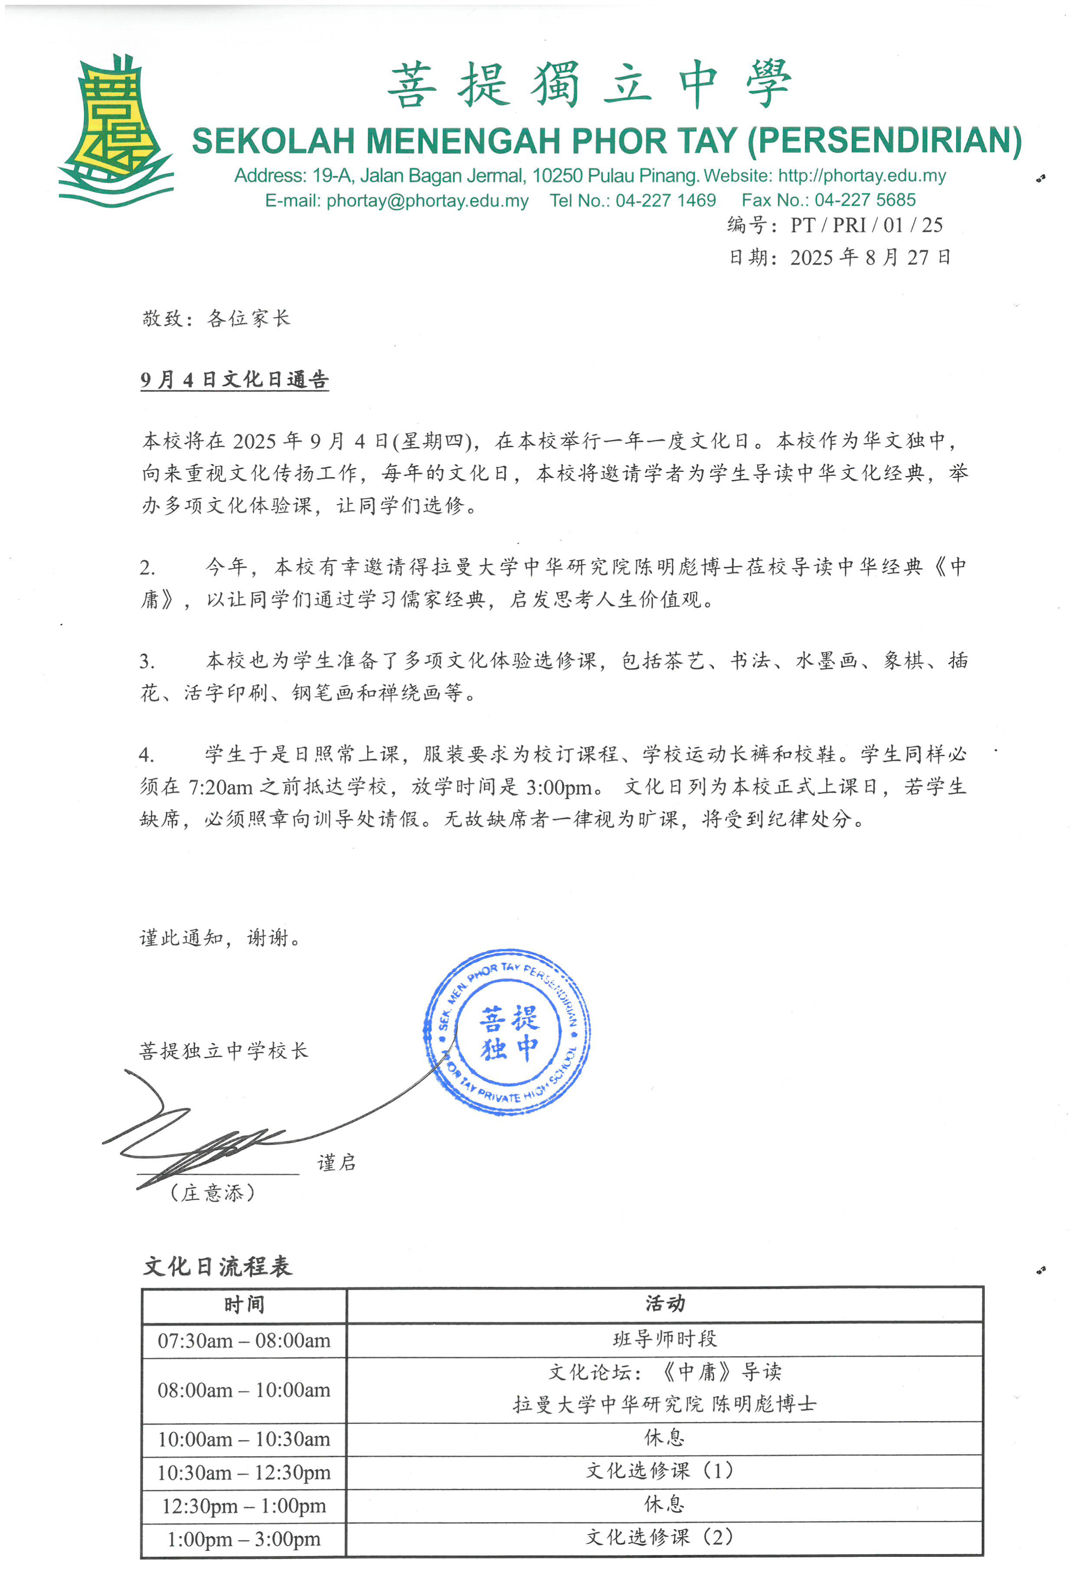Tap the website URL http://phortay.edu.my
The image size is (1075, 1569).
(862, 176)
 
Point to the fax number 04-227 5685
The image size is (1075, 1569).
(865, 200)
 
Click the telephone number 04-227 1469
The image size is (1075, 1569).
(665, 200)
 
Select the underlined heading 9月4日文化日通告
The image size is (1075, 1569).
(234, 379)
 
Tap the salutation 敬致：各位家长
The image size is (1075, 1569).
(216, 318)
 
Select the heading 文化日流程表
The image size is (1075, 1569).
(217, 1266)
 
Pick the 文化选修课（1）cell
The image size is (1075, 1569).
(659, 1471)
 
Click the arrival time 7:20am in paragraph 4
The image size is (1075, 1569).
(220, 787)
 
